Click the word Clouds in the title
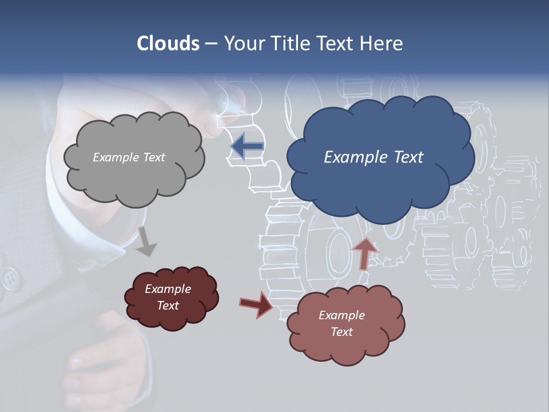168,43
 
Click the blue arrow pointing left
247,146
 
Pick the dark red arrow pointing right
256,304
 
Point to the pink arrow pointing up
365,253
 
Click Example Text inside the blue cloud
373,157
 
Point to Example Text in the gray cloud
129,157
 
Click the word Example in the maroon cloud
168,289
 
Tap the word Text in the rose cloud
341,332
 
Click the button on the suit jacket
10,280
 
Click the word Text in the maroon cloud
168,306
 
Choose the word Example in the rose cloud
341,315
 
